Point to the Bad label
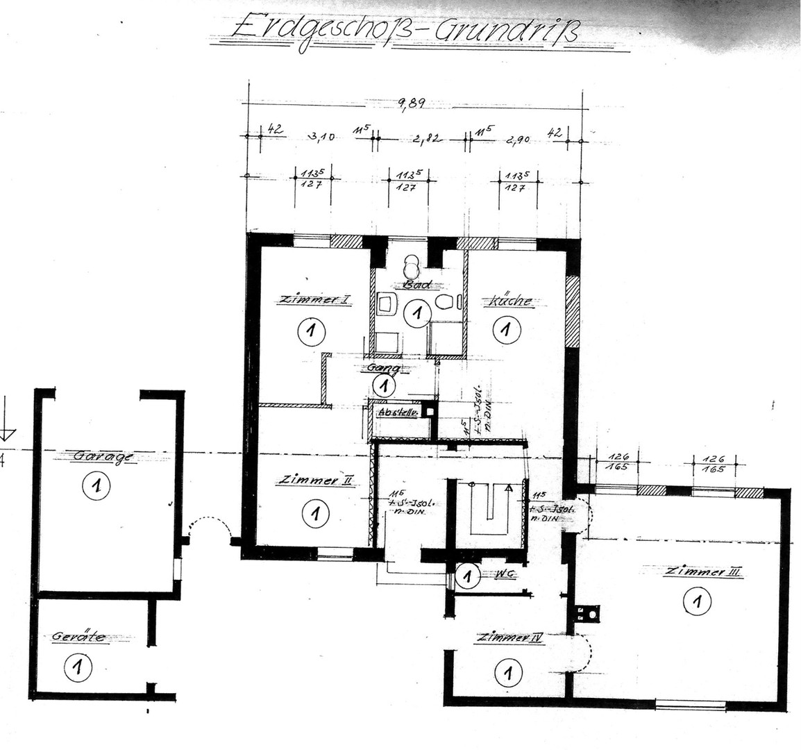click(x=417, y=285)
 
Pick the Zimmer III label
click(x=702, y=572)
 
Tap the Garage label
click(x=102, y=456)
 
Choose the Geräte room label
click(x=78, y=636)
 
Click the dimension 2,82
click(x=425, y=137)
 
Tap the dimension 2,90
click(x=518, y=138)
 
